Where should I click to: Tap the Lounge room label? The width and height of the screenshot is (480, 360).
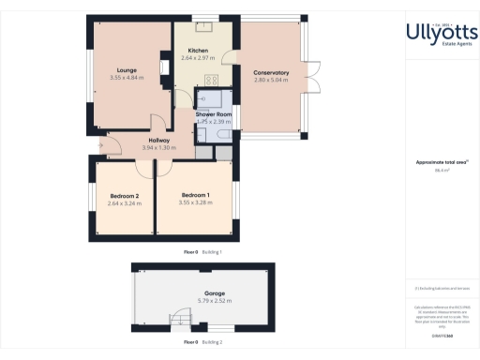pyautogui.click(x=127, y=69)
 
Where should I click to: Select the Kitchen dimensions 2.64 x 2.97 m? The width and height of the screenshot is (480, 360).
pyautogui.click(x=198, y=58)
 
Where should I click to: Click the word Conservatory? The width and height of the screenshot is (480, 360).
pyautogui.click(x=270, y=72)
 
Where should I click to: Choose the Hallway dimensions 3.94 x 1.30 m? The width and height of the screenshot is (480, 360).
pyautogui.click(x=132, y=147)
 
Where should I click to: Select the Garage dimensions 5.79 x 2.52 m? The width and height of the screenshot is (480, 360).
pyautogui.click(x=202, y=300)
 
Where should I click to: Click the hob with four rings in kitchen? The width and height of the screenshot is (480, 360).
pyautogui.click(x=211, y=80)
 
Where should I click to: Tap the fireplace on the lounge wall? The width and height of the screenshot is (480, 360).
pyautogui.click(x=93, y=81)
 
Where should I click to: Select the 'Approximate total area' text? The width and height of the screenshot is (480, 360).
pyautogui.click(x=441, y=162)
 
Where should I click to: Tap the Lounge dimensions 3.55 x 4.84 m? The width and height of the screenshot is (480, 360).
pyautogui.click(x=127, y=78)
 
